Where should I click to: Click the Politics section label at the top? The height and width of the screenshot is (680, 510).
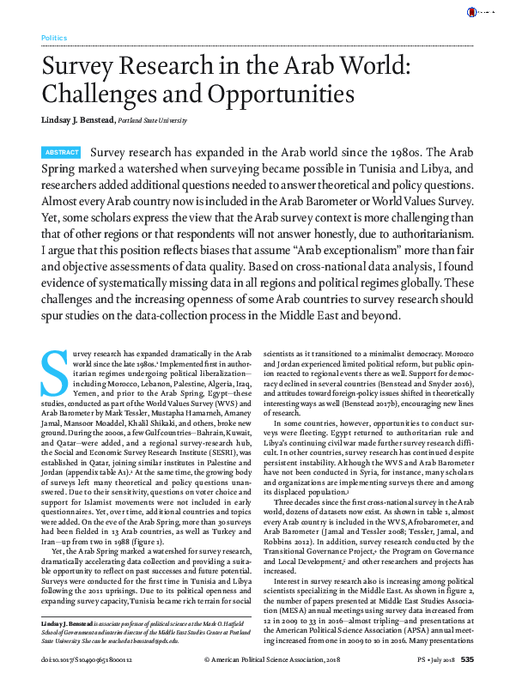click(53, 39)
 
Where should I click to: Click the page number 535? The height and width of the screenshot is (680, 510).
click(467, 659)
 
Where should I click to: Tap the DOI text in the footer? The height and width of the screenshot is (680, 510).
click(82, 659)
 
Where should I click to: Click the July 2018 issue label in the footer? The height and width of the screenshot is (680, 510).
click(439, 659)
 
